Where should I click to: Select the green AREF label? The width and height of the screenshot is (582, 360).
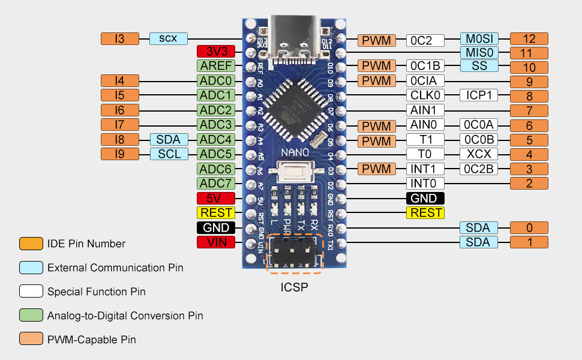[x=216, y=66]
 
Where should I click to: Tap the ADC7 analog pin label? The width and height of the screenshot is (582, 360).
[x=216, y=184]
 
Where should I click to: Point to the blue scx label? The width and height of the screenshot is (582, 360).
[x=168, y=38]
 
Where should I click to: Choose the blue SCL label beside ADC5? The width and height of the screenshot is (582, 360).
[x=169, y=154]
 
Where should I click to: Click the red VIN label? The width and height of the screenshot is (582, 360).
[x=216, y=242]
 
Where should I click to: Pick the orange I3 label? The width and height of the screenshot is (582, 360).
[x=119, y=38]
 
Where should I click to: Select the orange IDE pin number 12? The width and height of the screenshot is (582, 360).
[x=529, y=39]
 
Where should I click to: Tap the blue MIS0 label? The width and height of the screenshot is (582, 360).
[x=479, y=53]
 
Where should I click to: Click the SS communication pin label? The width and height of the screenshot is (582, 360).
[x=479, y=66]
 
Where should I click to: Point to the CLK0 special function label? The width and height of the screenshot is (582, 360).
[x=425, y=95]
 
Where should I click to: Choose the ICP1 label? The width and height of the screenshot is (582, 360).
[x=479, y=95]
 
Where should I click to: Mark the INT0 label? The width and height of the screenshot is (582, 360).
[x=425, y=184]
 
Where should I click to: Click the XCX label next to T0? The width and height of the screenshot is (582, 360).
[x=479, y=154]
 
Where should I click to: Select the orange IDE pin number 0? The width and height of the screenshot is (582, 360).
[x=529, y=228]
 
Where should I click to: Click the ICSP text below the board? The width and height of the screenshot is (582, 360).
[x=294, y=287]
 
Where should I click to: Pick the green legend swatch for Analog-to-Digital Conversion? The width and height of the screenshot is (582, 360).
[x=30, y=316]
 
